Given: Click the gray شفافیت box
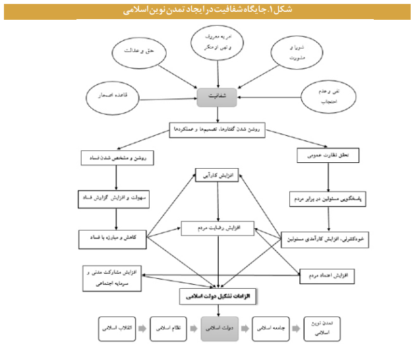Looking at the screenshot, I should pyautogui.click(x=217, y=97).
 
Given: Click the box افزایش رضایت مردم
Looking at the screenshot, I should pyautogui.click(x=218, y=227).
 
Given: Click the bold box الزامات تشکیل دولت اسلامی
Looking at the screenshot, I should pyautogui.click(x=218, y=297).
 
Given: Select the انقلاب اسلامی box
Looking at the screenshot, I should pyautogui.click(x=118, y=327).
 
